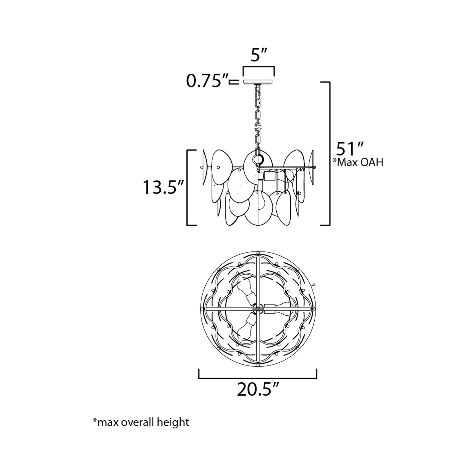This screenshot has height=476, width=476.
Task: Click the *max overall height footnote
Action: pos(141,422)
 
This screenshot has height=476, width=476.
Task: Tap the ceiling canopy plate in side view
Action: pos(258,82)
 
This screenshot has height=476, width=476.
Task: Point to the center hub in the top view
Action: pos(258,310)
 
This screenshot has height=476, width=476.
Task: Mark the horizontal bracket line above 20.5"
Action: pos(258,378)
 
